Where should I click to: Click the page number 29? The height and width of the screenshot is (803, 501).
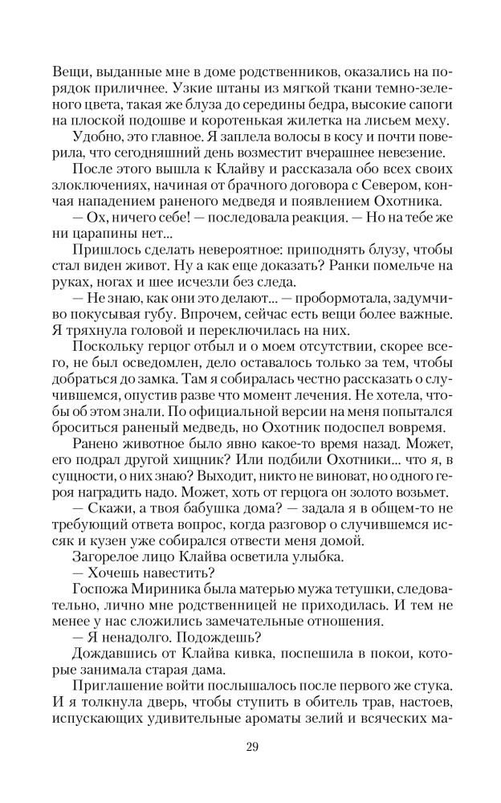[x=250, y=747]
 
